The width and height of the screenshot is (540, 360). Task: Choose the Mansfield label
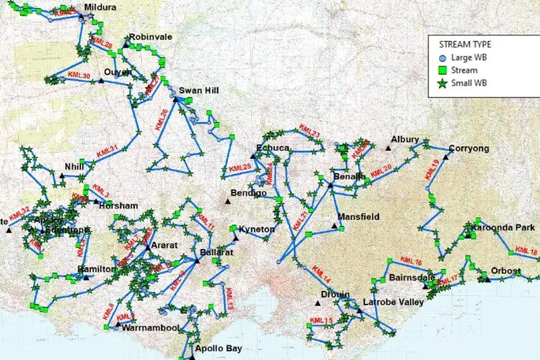point(358,217)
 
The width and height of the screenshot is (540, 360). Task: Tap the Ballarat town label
point(216,253)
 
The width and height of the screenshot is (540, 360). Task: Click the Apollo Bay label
point(215,349)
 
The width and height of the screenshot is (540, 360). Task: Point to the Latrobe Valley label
point(393,303)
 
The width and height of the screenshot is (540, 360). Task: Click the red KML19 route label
point(431,171)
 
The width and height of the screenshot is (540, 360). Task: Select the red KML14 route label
point(321,274)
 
